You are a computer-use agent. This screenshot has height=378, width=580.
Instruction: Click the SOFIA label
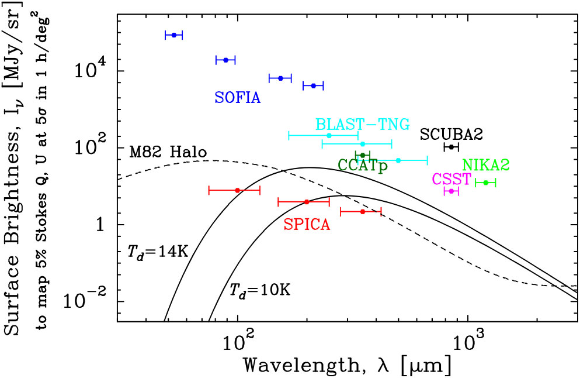(237, 98)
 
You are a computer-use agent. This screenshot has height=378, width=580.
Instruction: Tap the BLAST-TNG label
(358, 123)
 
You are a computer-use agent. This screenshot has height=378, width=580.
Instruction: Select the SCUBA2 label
(451, 134)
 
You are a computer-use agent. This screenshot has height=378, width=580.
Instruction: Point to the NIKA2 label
(486, 166)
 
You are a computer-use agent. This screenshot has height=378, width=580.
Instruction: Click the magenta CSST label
(452, 178)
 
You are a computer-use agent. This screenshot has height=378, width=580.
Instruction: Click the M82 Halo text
(166, 153)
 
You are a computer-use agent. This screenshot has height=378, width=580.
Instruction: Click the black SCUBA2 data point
(451, 146)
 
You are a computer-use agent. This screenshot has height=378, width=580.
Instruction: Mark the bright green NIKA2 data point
(485, 183)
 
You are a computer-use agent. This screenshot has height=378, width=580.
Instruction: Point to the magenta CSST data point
(451, 191)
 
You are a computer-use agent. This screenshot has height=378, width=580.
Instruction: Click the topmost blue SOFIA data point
(174, 35)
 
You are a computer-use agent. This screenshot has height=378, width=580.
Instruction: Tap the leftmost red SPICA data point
(237, 190)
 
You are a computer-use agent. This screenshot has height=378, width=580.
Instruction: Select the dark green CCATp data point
(363, 155)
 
